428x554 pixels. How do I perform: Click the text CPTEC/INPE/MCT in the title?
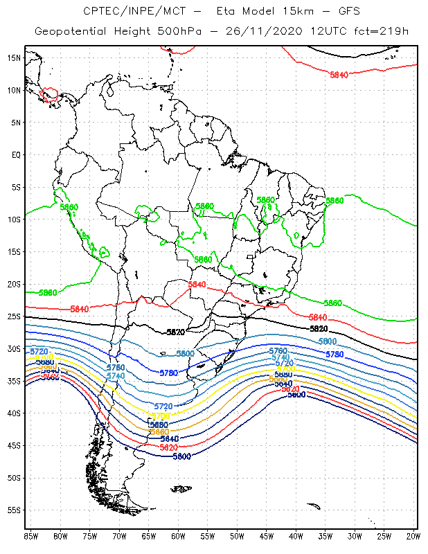coord(127,12)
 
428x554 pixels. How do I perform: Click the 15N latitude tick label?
coord(14,57)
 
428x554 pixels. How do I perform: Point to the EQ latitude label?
coord(16,154)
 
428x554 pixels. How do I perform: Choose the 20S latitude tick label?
coord(14,284)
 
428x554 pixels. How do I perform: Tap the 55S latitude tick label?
coord(14,510)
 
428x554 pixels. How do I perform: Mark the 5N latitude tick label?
coord(16,123)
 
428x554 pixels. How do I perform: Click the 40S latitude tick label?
coord(14,413)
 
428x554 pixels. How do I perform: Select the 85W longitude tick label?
coord(31,537)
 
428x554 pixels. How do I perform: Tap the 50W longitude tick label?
coord(237,537)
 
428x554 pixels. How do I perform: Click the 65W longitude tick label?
coord(149,537)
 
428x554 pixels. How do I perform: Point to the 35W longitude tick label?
coord(326,537)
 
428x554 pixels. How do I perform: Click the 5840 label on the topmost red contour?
coord(339,75)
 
